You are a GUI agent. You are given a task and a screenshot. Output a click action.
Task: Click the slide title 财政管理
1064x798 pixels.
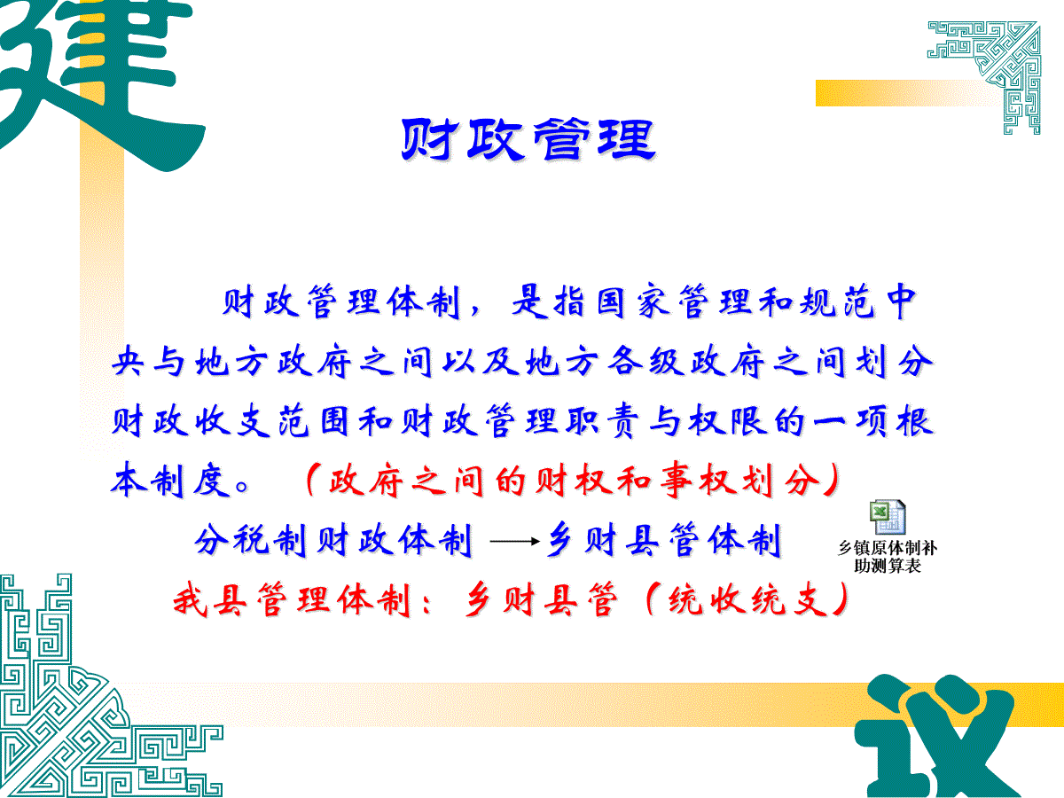[528, 140]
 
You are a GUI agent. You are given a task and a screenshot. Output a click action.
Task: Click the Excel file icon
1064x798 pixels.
[888, 517]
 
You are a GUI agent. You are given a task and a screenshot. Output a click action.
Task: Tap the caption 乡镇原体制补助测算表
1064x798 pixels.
[888, 557]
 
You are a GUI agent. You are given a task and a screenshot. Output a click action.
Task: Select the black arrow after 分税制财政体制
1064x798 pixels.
[514, 541]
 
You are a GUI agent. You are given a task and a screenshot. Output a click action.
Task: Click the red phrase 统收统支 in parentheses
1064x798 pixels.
[748, 600]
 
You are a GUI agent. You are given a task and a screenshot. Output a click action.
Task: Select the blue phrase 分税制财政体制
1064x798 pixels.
[333, 541]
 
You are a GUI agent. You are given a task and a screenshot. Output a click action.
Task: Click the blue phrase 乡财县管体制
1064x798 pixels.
[665, 540]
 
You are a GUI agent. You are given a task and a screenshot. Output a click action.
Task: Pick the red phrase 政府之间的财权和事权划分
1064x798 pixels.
[575, 481]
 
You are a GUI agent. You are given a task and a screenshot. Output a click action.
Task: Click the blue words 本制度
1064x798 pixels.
[170, 481]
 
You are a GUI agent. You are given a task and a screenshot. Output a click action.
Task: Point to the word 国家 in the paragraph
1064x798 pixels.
[635, 301]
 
